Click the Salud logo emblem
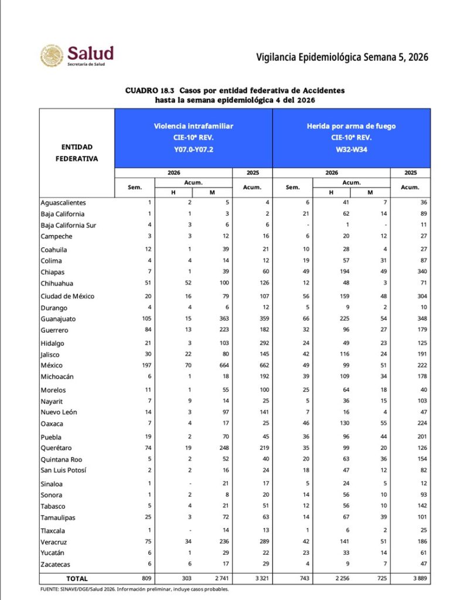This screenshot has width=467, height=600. [52, 56]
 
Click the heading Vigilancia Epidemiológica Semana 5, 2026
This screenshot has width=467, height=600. [342, 57]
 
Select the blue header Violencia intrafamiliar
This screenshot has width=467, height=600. [193, 126]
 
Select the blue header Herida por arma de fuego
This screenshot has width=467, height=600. [352, 126]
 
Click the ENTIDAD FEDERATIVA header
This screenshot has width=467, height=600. [77, 152]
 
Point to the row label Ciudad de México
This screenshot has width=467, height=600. [67, 296]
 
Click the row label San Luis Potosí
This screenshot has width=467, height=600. [63, 470]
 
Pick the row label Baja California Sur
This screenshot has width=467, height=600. [69, 225]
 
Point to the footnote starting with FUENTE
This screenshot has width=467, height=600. [135, 589]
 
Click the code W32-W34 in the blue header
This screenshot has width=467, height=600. [352, 149]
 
